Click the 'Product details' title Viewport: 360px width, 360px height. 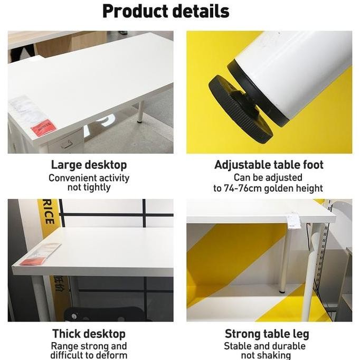(x=166, y=11)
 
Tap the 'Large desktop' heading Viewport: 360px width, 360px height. (x=89, y=165)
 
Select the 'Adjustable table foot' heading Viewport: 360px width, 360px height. (x=269, y=165)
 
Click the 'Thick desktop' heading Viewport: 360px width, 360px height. (x=89, y=334)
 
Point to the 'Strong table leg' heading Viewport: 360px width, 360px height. (x=267, y=334)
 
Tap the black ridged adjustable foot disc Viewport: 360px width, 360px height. (x=240, y=109)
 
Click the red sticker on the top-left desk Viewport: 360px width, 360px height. (x=43, y=127)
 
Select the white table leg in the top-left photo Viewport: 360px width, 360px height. (x=140, y=112)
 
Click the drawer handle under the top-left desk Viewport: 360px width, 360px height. (x=67, y=144)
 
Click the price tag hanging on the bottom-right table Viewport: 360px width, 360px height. (x=293, y=220)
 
